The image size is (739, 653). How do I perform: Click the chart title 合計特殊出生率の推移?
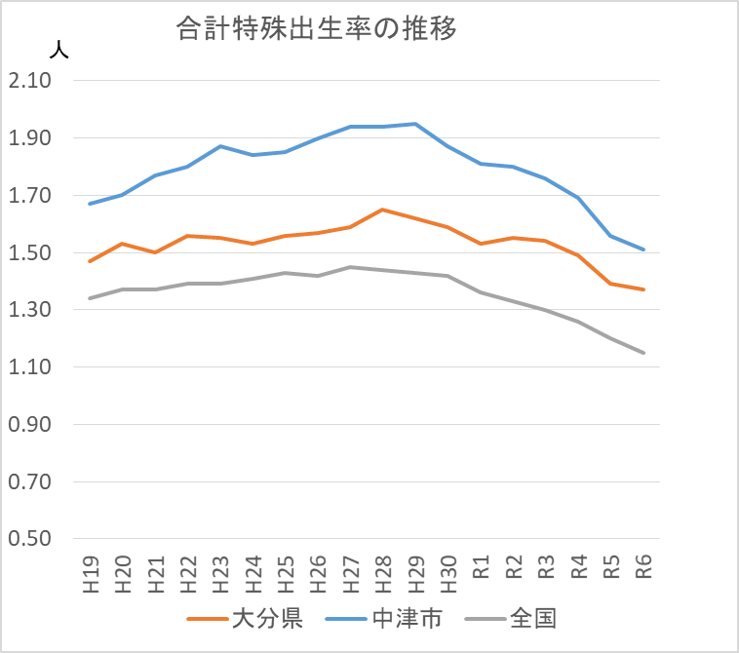[317, 29]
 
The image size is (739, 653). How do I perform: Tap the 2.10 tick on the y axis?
[29, 81]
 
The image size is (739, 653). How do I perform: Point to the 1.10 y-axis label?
[29, 367]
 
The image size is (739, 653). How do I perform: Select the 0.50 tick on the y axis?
[29, 539]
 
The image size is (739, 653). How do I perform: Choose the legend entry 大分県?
[244, 618]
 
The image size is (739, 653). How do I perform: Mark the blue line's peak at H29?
[415, 124]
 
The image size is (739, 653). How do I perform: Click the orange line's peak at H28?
[383, 210]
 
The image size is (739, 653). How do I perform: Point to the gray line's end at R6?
[643, 353]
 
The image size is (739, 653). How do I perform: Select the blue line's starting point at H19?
[90, 204]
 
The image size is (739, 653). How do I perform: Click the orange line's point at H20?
[123, 244]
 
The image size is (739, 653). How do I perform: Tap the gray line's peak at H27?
[350, 267]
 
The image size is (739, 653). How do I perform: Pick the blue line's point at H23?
[220, 146]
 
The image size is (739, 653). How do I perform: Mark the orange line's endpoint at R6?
[643, 289]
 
